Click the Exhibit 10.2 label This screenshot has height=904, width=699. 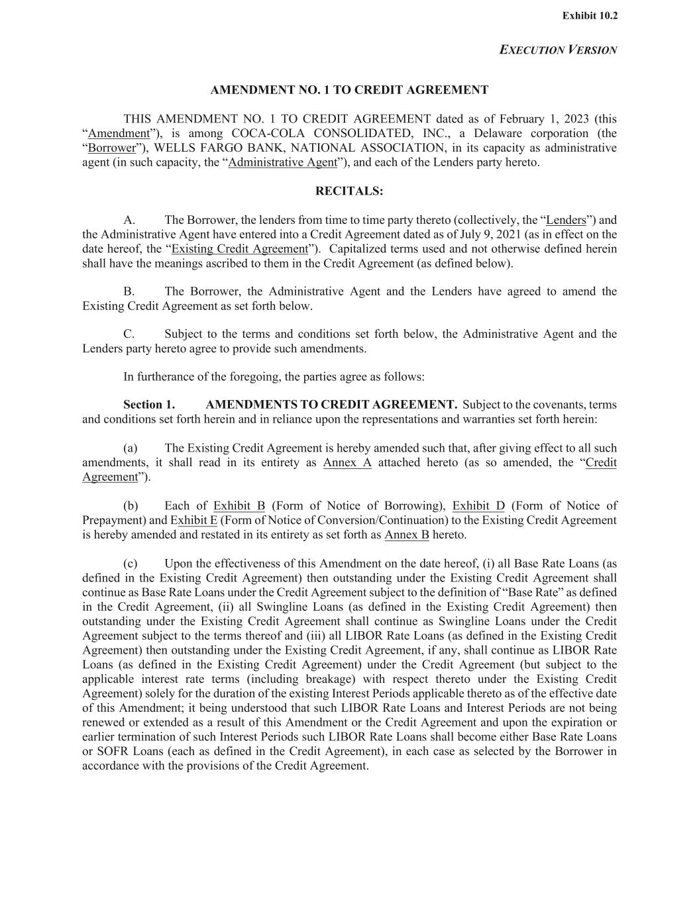coord(590,16)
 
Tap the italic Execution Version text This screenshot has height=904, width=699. coord(558,50)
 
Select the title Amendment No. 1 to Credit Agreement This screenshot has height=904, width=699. coord(349,90)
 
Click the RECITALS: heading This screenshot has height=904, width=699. coord(349,191)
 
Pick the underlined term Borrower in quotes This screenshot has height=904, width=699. coord(111,148)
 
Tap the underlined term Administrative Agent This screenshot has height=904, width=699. coord(282,163)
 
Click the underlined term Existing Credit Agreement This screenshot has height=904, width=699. coord(240,250)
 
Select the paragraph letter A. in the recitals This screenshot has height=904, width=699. coord(129,221)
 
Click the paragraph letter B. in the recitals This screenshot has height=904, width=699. coord(129,292)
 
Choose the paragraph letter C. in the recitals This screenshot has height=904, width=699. coord(129,334)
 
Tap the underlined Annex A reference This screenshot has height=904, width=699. coord(347,463)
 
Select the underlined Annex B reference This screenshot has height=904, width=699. coord(406,535)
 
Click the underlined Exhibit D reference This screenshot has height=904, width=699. coord(478,507)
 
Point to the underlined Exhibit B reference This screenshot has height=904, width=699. coord(239,507)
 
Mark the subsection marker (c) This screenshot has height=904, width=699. coord(131,564)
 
